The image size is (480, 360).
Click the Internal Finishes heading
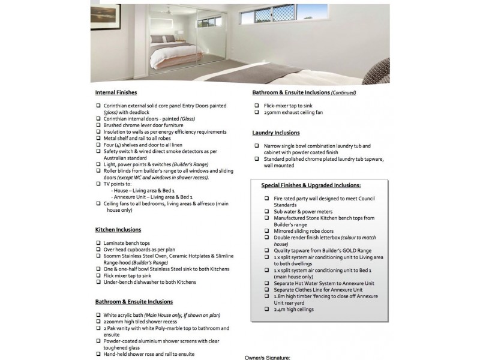(x=116, y=92)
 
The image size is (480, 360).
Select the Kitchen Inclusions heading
(x=118, y=229)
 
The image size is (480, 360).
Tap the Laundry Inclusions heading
(x=275, y=133)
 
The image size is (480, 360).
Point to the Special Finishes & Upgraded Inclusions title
(x=311, y=185)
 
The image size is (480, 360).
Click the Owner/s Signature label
(x=267, y=357)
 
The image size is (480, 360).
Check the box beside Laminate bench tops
(x=98, y=242)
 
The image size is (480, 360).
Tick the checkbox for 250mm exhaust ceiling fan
(x=256, y=112)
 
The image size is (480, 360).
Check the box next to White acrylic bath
(x=98, y=315)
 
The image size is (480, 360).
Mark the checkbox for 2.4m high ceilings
(x=266, y=309)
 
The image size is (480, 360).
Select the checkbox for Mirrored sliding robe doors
(x=266, y=230)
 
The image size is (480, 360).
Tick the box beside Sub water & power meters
(x=266, y=211)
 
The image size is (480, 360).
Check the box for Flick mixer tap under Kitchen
(x=98, y=275)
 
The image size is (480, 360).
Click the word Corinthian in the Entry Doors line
(x=119, y=106)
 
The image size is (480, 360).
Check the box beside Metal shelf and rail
(x=98, y=139)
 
